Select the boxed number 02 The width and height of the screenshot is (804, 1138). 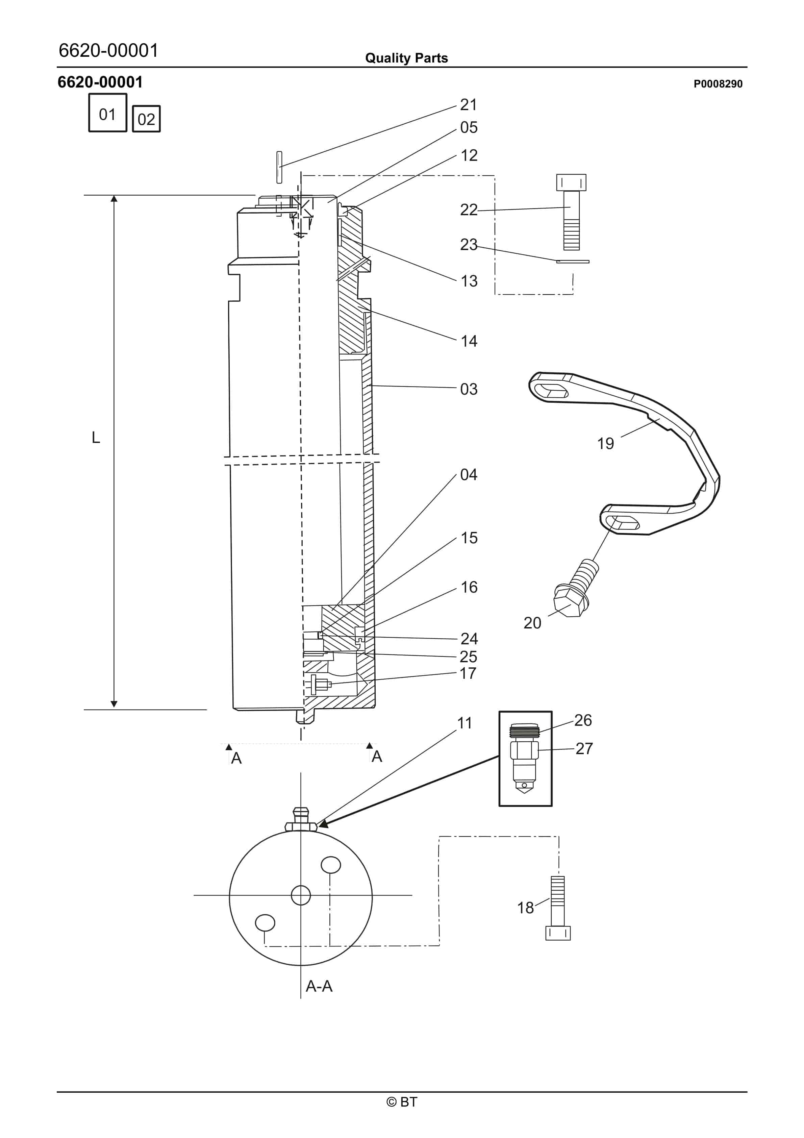(146, 119)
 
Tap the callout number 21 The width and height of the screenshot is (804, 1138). (469, 105)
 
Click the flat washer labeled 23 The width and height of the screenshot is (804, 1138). (573, 261)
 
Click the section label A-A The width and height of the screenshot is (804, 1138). (319, 986)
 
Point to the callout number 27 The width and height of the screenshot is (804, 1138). (584, 748)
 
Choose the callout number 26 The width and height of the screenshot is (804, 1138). (583, 720)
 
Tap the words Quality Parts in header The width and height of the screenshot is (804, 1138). (406, 58)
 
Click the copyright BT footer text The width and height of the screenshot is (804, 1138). (402, 1102)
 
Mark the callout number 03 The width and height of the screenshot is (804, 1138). (469, 389)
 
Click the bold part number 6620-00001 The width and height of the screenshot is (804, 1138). (100, 82)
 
